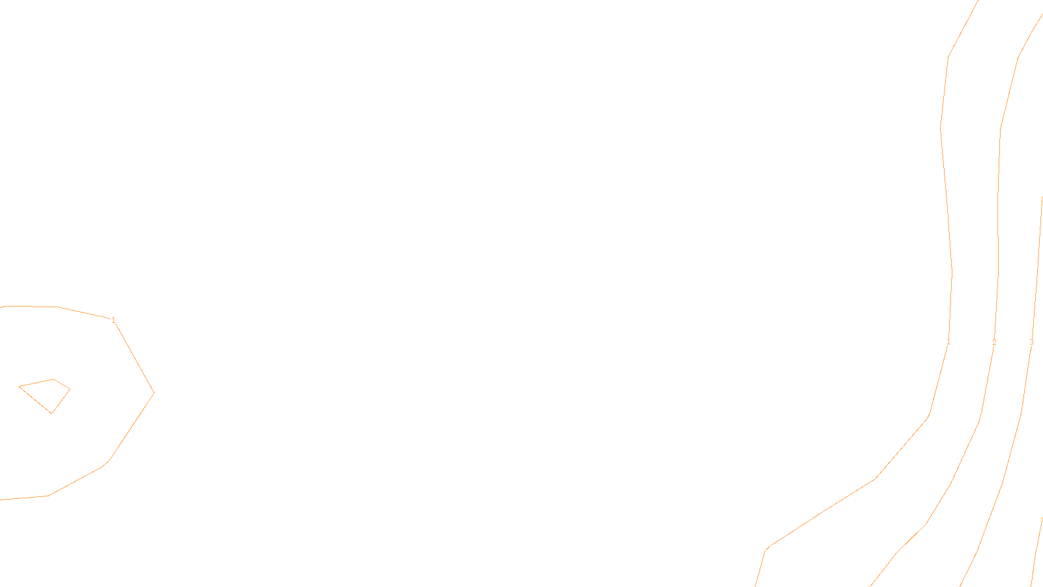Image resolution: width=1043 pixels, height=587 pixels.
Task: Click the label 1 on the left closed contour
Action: (113, 320)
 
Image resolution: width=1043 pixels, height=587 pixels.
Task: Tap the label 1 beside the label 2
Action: (948, 342)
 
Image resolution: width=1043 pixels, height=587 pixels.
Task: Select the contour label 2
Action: (994, 342)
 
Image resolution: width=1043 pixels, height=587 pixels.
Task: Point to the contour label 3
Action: (1031, 342)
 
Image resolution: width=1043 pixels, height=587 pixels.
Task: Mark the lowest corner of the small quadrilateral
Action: (52, 414)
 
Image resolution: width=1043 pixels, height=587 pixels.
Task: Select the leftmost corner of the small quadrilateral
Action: (19, 387)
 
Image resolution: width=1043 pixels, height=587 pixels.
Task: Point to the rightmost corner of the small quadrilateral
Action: (70, 389)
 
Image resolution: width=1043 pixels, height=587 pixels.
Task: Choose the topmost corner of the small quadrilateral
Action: (53, 379)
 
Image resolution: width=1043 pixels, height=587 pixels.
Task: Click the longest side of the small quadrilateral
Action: (35, 400)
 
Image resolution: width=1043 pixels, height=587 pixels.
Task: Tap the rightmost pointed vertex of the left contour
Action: (154, 393)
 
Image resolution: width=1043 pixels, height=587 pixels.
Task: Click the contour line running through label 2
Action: (999, 196)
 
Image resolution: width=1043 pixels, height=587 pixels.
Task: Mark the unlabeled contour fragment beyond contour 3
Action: (1036, 554)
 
